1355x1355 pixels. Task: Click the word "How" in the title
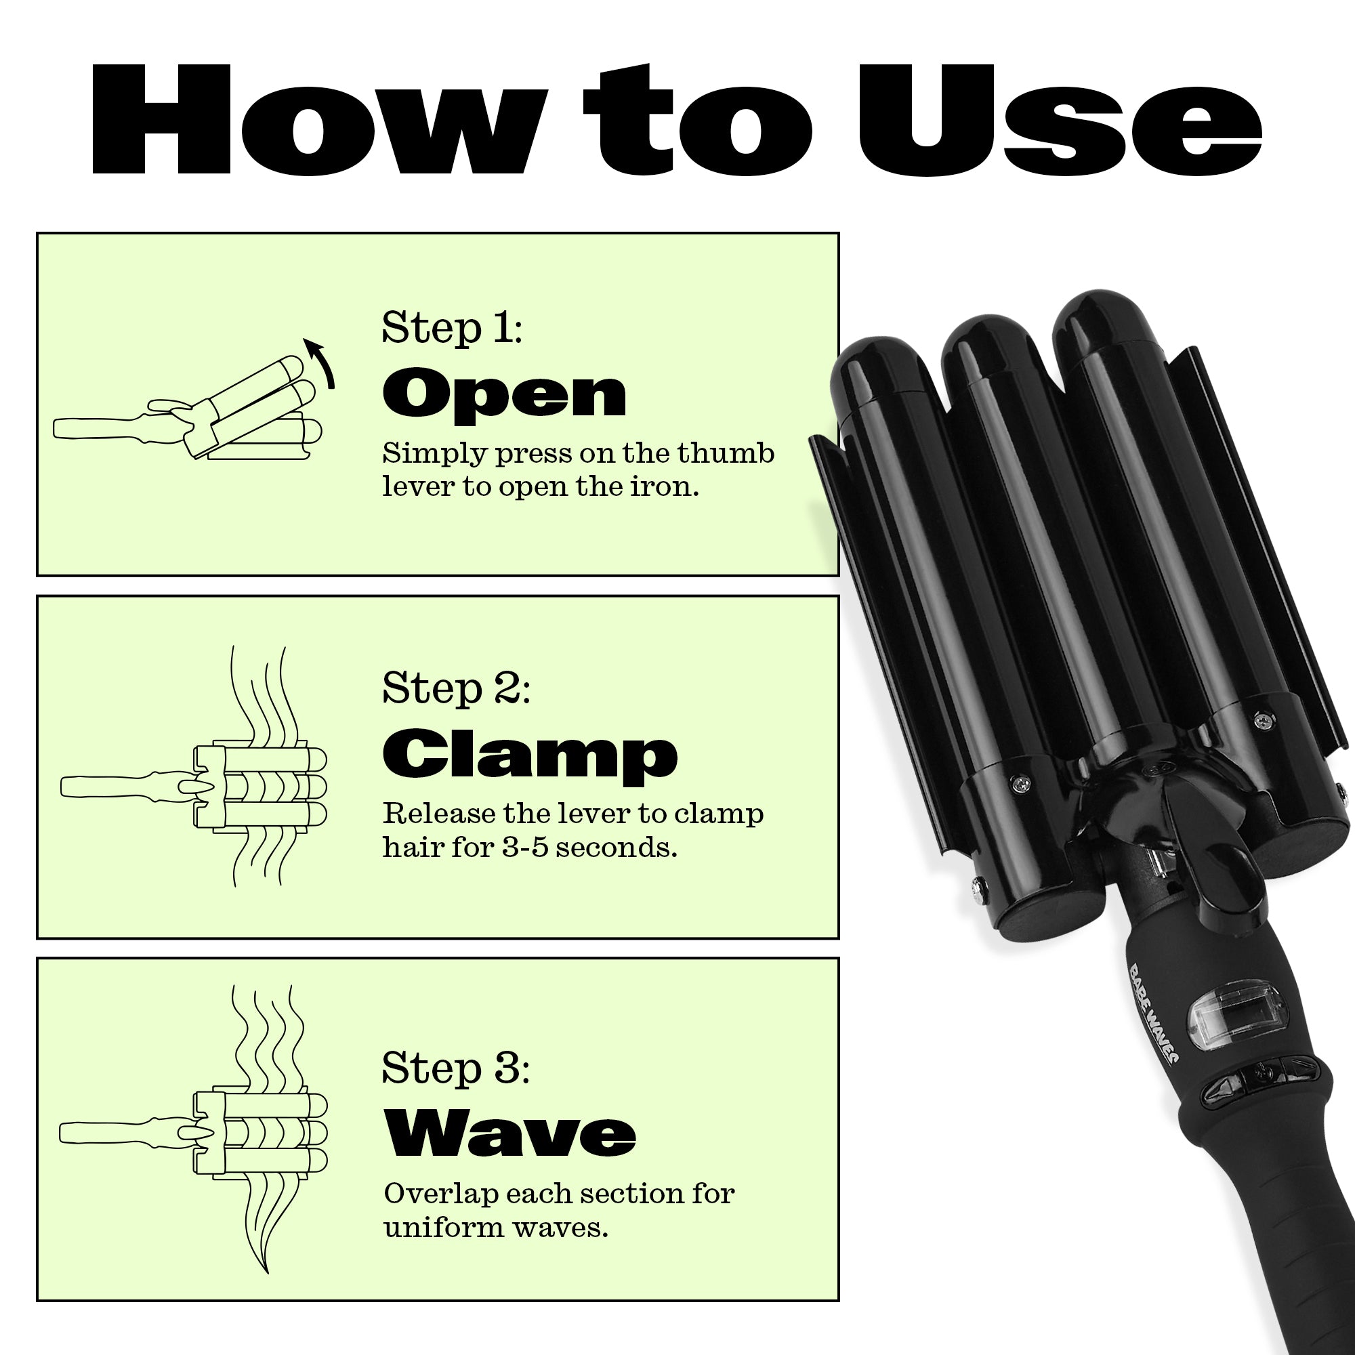click(319, 120)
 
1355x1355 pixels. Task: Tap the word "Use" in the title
click(1060, 120)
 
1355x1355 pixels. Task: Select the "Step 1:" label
click(452, 327)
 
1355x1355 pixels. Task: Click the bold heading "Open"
click(504, 395)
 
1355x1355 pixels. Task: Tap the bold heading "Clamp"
click(530, 756)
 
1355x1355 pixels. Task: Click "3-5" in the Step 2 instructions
click(526, 848)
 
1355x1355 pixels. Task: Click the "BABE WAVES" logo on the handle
click(1152, 1013)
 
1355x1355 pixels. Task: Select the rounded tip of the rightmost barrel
click(1102, 320)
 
